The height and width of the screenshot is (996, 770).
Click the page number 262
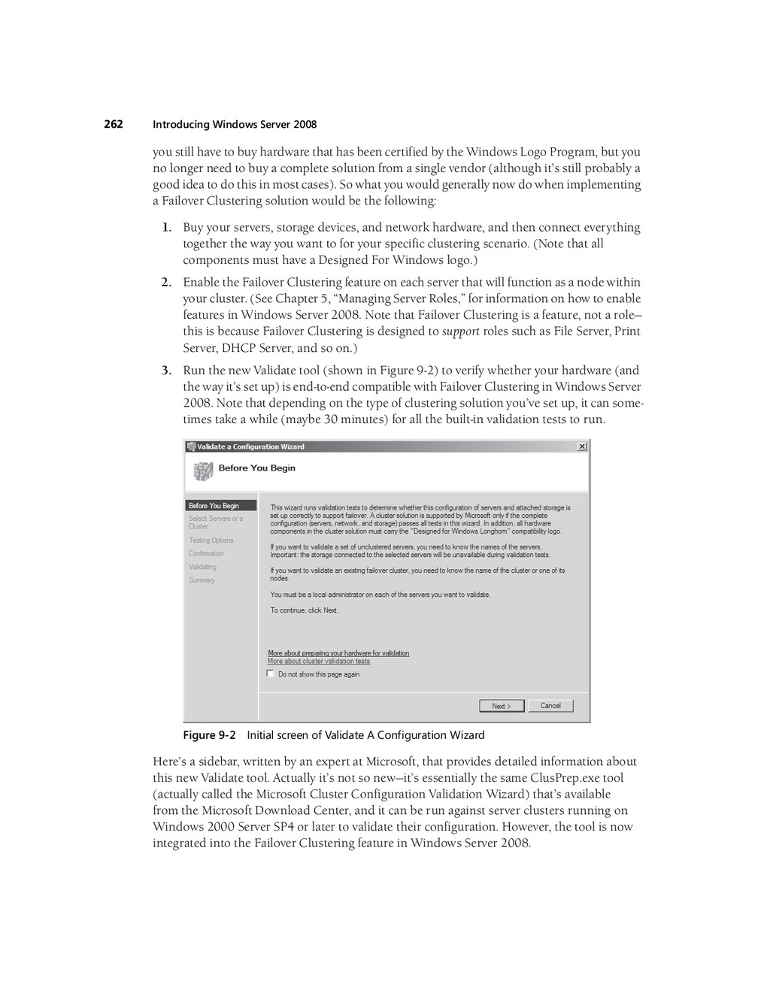[x=114, y=124]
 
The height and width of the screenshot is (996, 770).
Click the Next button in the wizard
[x=501, y=706]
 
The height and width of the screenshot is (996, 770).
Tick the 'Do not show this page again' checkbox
[x=271, y=674]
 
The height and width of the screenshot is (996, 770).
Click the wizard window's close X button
[x=581, y=447]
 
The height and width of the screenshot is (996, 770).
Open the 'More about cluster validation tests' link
[x=319, y=661]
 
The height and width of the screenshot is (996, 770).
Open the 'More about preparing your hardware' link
[x=338, y=653]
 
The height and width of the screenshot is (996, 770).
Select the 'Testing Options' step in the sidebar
[x=211, y=540]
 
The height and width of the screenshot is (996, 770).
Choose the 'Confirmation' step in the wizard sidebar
[x=206, y=554]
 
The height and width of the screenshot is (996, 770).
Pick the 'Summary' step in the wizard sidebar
[x=202, y=580]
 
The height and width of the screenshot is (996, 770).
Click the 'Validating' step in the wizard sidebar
[x=202, y=567]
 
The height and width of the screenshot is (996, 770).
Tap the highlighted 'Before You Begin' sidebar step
[x=214, y=506]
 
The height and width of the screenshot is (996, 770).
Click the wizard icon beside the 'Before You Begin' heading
[x=203, y=471]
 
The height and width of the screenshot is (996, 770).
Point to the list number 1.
[x=165, y=228]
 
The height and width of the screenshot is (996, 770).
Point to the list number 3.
[x=165, y=371]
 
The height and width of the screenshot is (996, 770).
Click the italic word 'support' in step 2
[x=460, y=331]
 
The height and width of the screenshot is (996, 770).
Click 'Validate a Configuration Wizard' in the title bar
[x=250, y=447]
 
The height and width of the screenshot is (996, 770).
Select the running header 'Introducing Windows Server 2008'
[x=235, y=125]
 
